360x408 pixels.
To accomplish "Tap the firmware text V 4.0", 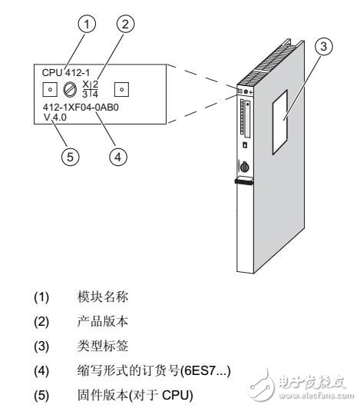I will pos(55,131).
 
